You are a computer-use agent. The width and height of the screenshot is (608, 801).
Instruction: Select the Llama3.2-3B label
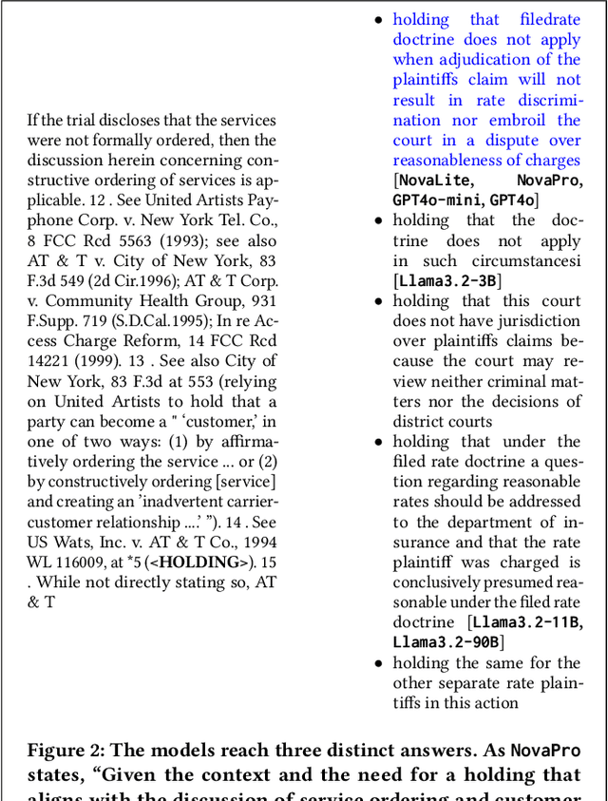(446, 280)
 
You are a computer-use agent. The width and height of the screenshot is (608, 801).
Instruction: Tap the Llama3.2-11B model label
(526, 622)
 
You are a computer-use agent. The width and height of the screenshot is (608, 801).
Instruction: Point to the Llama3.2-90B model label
(444, 642)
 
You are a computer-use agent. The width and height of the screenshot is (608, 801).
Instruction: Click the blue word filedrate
(550, 20)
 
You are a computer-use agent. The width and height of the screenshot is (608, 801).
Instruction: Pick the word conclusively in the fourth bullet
(441, 582)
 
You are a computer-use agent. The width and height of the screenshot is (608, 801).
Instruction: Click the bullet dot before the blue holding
(378, 20)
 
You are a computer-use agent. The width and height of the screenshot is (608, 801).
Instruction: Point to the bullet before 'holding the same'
(378, 662)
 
